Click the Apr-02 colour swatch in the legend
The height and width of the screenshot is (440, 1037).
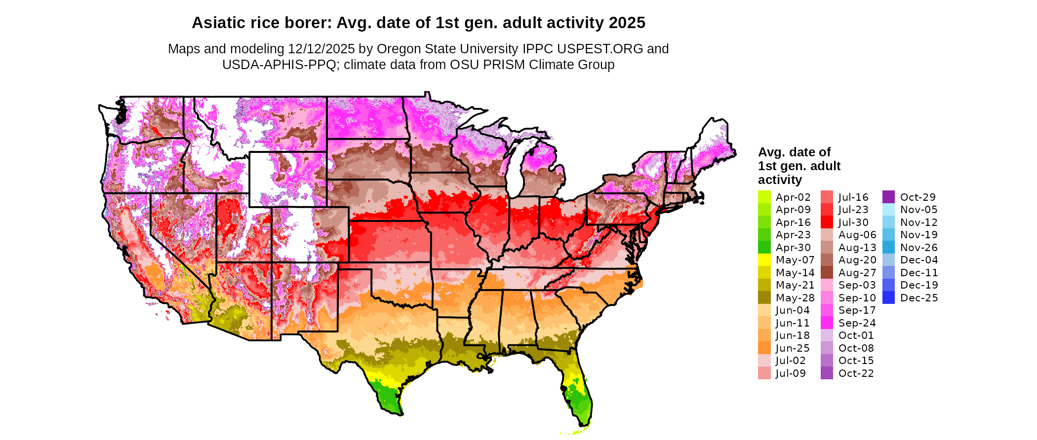[x=764, y=197]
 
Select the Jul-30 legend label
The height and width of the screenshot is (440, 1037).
[x=853, y=222]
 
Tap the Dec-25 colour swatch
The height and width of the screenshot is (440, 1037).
[x=888, y=297]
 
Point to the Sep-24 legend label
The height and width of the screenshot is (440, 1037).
[x=857, y=323]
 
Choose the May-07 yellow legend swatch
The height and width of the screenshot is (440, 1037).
[x=764, y=259]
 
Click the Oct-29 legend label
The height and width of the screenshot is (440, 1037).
[x=917, y=197]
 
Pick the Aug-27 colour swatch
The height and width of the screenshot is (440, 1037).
[x=827, y=272]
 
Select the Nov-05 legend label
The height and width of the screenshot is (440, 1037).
[x=918, y=209]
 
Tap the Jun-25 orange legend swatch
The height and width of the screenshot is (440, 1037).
[x=764, y=348]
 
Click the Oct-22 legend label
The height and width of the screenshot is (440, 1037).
[x=856, y=373]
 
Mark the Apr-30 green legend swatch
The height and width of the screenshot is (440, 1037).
[x=764, y=247]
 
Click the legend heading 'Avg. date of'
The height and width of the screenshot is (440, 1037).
[x=794, y=152]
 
